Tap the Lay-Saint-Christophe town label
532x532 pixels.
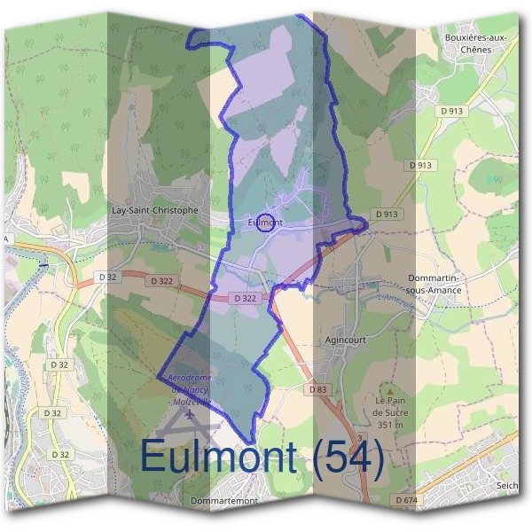pos(155,211)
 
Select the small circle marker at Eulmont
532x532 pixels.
pos(265,219)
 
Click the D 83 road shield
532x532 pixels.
pos(319,389)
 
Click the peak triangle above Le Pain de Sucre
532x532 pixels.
pos(387,388)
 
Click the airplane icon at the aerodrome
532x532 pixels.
pos(190,416)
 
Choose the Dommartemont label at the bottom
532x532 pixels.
pos(225,501)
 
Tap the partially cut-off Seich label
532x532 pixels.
pos(506,486)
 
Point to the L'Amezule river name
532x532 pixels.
pos(395,301)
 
